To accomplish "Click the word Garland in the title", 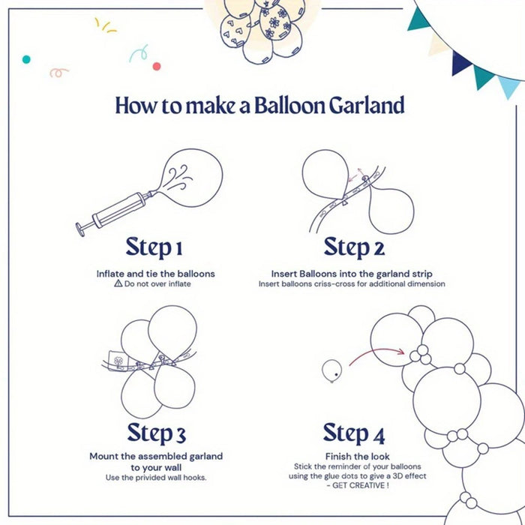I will coord(367,105).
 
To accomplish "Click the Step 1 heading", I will coord(154,247).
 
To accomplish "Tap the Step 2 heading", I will coord(354,247).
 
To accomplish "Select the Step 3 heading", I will coord(156,433).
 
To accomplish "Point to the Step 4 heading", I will coord(354,433).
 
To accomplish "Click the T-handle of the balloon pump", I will coord(82,227).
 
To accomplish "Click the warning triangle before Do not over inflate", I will coord(118,285).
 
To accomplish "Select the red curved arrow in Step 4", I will coord(375,354).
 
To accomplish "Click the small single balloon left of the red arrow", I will coord(331,370).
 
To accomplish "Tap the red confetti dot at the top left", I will coord(157,66).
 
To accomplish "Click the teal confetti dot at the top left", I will coord(27,58).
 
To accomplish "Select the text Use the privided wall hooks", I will coord(156,478).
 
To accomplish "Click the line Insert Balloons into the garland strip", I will coord(352,274).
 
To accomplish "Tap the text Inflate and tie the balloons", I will coord(155,274).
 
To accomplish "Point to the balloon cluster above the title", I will coord(263,30).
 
